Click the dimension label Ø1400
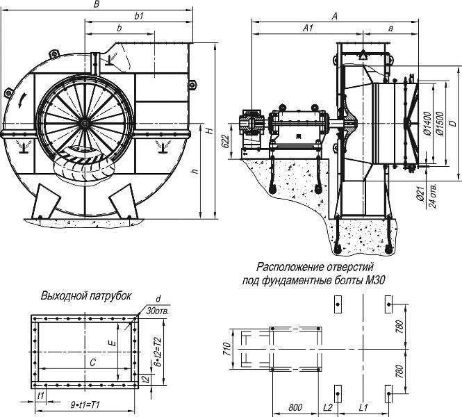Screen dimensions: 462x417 tap(428, 124)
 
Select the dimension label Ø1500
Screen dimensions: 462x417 tap(440, 123)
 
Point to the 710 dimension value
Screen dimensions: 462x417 tap(226, 349)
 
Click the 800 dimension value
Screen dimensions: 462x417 tap(295, 407)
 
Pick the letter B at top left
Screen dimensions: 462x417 tap(97, 4)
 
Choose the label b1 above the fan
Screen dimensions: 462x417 tap(139, 16)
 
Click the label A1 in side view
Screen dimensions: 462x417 tap(308, 28)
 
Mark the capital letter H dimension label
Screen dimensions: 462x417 tap(210, 130)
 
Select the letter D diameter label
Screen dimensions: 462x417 tap(454, 122)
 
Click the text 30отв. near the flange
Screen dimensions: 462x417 tap(158, 312)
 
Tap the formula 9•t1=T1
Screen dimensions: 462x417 tap(85, 405)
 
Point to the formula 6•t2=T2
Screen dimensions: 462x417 tap(158, 352)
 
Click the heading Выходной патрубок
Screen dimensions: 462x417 tap(86, 295)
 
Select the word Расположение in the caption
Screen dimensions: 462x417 tap(287, 267)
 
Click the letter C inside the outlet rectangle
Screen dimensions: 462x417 tap(93, 362)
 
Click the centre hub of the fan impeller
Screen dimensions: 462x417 tap(85, 124)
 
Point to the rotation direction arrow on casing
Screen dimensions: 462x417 tap(22, 101)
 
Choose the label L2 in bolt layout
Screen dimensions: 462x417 tap(328, 407)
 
